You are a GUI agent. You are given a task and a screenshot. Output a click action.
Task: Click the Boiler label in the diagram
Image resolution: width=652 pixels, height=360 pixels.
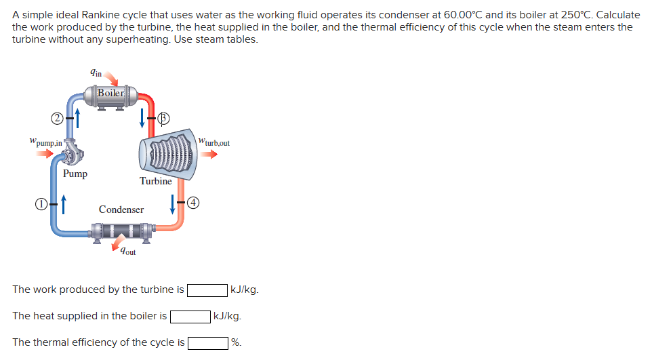(110, 93)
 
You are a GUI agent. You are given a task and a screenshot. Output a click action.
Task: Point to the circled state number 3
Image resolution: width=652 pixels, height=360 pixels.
(163, 119)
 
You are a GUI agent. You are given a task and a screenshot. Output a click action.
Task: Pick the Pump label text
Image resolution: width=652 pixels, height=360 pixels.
(75, 174)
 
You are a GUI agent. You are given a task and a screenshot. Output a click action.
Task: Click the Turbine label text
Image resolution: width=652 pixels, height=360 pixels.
(155, 181)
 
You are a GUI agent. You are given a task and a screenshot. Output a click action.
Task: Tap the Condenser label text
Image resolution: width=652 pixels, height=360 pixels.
(121, 209)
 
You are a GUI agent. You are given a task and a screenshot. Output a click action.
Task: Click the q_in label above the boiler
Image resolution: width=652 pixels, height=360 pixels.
(96, 73)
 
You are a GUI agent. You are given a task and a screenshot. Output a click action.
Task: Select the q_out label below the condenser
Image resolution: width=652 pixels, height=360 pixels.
(127, 252)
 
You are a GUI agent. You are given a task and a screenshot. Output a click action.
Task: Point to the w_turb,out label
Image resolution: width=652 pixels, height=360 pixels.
(214, 142)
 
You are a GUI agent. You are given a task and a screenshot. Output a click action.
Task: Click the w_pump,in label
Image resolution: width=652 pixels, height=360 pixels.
(41, 143)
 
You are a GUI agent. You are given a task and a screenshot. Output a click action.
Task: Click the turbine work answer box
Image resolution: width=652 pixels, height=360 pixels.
(207, 290)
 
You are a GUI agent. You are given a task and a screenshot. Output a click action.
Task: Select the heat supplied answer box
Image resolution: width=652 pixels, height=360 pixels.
(190, 317)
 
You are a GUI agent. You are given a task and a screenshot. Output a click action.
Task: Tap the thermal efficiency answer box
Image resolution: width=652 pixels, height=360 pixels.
(207, 342)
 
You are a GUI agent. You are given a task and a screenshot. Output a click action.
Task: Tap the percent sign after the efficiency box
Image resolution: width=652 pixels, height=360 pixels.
(236, 342)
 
